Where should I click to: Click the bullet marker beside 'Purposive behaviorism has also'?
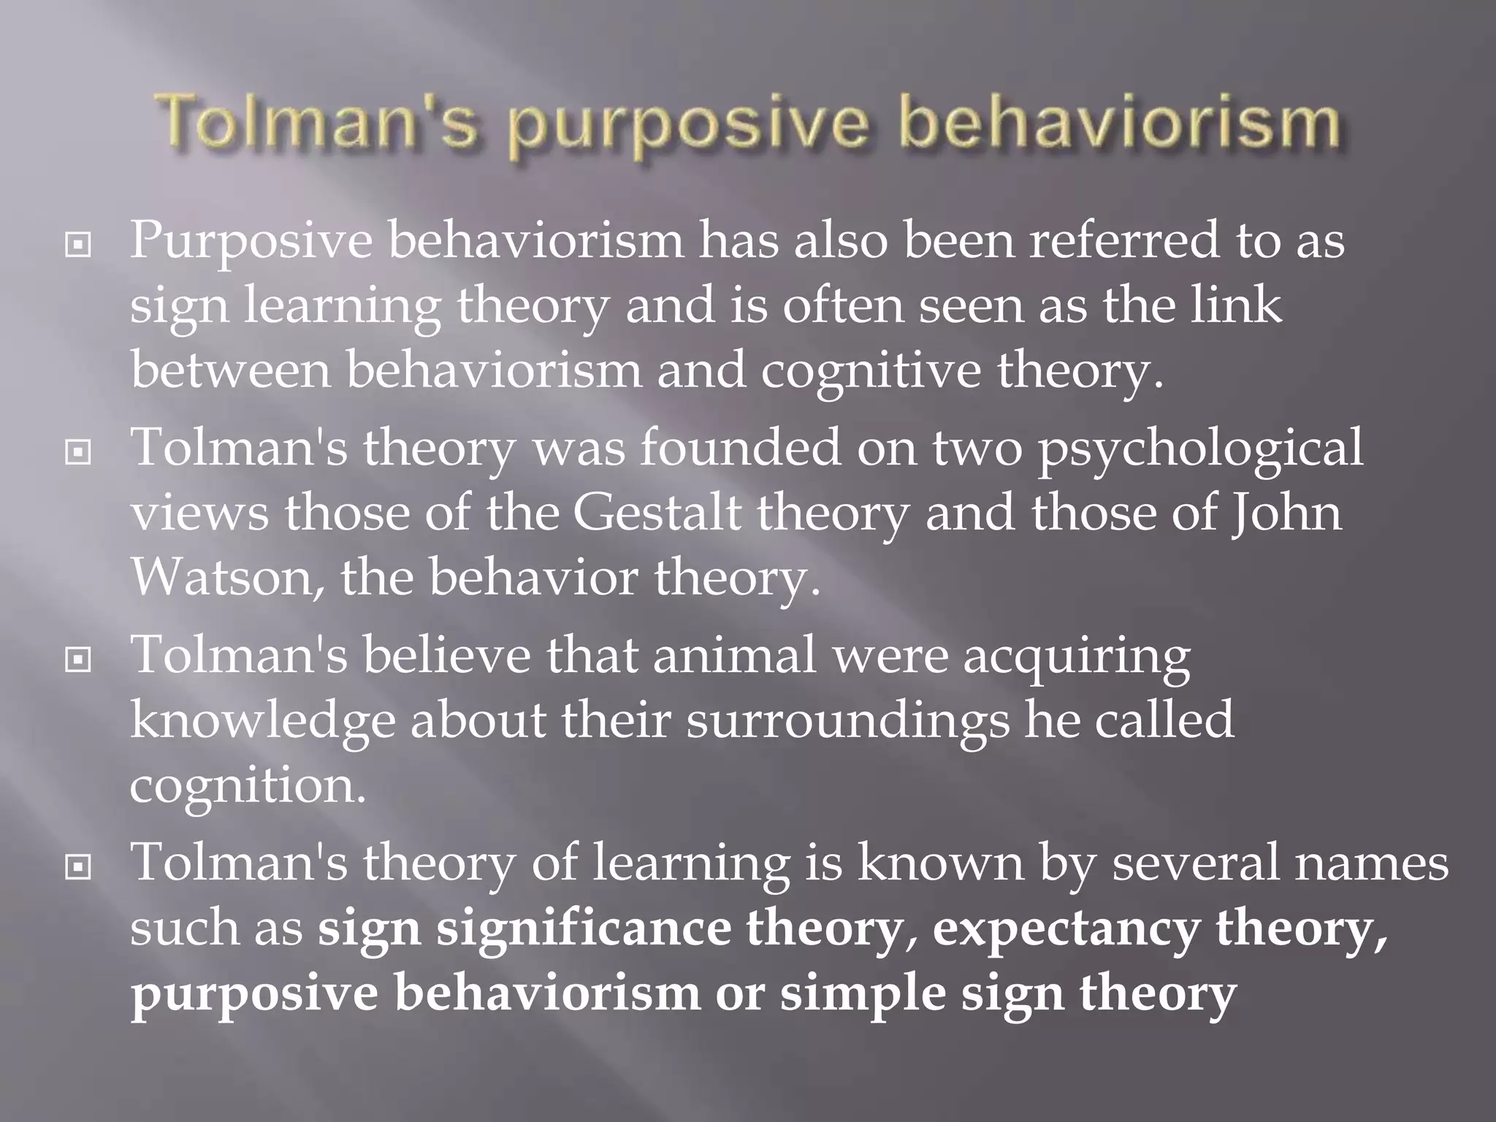tap(78, 246)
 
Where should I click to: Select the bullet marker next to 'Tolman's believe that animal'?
tap(78, 661)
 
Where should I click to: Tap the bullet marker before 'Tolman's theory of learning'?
tap(78, 868)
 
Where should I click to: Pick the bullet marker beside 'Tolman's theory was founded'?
tap(78, 454)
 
